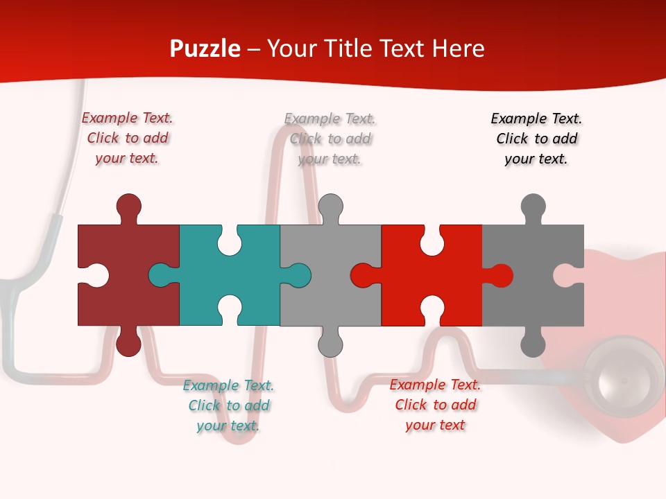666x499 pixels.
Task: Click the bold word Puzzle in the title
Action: (x=205, y=49)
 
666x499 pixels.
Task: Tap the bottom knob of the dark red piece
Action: (x=128, y=344)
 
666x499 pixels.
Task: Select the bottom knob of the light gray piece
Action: (x=330, y=344)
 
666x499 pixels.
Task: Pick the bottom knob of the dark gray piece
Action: (x=533, y=344)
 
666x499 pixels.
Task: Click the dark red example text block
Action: (x=127, y=138)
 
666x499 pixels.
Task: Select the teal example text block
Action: (x=228, y=405)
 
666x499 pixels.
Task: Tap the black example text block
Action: (x=536, y=139)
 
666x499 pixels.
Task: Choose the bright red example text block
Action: (x=435, y=405)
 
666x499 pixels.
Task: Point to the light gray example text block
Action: (x=330, y=139)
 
